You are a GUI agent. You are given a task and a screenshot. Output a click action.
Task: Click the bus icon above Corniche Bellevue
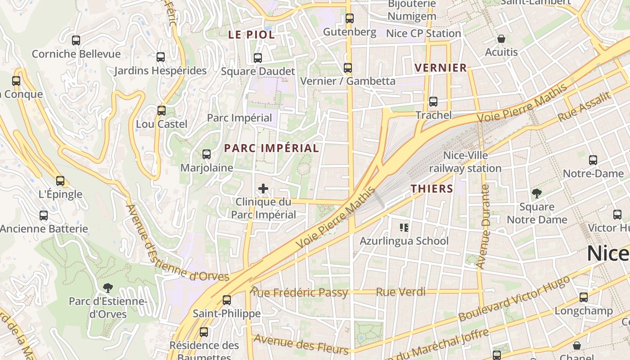(76, 40)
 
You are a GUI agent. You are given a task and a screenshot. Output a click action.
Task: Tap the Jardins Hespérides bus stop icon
(161, 57)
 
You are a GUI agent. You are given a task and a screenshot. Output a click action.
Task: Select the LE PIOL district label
(251, 35)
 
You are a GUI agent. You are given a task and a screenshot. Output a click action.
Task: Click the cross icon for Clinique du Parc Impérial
(263, 189)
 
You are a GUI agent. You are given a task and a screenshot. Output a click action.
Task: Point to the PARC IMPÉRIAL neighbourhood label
(271, 148)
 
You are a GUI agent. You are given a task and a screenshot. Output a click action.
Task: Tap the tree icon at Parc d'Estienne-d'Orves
(108, 288)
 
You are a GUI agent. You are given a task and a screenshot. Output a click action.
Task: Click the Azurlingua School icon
(404, 228)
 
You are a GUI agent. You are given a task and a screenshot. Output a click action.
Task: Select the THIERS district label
(432, 189)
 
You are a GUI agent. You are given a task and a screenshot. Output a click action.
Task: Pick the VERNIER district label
(441, 68)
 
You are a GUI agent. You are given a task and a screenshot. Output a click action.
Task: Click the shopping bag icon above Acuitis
(501, 39)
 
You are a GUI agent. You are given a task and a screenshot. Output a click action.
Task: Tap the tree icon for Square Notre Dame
(536, 193)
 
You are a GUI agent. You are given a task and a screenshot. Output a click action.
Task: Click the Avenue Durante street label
(484, 227)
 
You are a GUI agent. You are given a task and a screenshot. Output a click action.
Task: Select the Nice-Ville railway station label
(465, 162)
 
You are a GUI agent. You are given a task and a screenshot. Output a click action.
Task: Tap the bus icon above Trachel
(433, 102)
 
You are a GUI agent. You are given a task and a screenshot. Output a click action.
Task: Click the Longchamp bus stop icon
(584, 297)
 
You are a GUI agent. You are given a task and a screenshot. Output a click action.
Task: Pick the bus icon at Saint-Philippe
(227, 300)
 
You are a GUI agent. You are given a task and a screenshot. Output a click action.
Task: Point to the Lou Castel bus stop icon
(162, 110)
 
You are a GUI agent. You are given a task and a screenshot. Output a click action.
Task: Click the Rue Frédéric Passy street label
(300, 293)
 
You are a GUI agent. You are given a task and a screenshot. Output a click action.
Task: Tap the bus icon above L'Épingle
(60, 181)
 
